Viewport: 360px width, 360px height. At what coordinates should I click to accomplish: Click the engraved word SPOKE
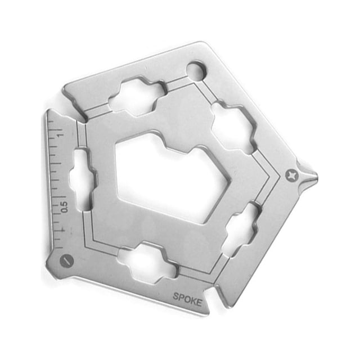(x=187, y=299)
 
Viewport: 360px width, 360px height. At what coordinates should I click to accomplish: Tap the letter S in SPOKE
(x=176, y=296)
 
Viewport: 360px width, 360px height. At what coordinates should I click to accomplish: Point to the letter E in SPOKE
(x=199, y=303)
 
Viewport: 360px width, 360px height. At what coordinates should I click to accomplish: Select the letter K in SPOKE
(x=193, y=301)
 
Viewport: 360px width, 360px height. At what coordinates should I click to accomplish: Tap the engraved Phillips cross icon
(x=292, y=176)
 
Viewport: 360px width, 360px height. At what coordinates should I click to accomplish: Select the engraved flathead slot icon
(x=66, y=261)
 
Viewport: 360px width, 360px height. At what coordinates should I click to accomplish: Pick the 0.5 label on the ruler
(x=64, y=207)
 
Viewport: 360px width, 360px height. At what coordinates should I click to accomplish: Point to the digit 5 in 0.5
(x=64, y=203)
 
